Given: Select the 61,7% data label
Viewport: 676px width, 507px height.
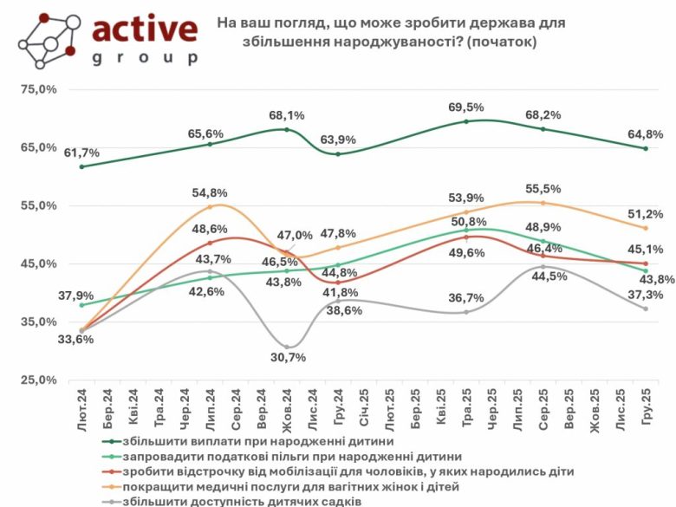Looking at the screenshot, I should click(x=81, y=153).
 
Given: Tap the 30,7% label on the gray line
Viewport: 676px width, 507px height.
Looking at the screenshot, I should click(x=287, y=358).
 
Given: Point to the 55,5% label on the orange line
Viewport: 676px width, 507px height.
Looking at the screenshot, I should click(x=543, y=188).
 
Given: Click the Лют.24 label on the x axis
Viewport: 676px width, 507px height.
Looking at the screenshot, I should click(x=82, y=408).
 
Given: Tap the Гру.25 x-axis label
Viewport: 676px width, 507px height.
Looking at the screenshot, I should click(x=645, y=408).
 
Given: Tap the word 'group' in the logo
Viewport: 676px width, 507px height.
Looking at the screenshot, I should click(x=144, y=58).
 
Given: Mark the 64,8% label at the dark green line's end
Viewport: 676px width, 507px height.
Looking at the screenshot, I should click(x=646, y=134).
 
